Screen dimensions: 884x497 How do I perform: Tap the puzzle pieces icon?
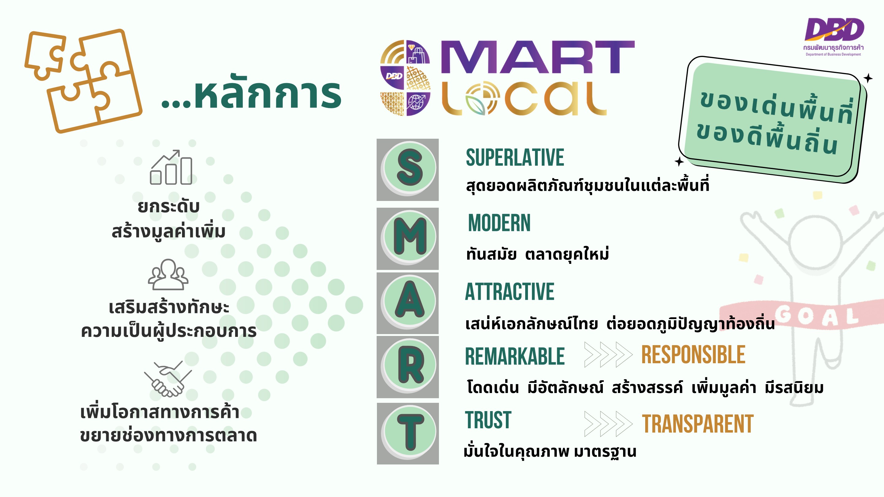tap(83, 81)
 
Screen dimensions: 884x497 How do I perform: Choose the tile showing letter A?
tap(408, 303)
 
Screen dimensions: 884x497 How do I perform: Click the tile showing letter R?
tap(408, 367)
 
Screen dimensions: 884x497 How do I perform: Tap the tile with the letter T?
tap(408, 433)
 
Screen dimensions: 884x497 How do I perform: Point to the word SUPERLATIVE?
tap(515, 158)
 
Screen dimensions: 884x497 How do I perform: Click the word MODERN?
tap(499, 223)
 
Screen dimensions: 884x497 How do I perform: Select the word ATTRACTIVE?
tap(510, 291)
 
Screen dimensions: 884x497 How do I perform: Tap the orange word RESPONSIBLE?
tap(693, 355)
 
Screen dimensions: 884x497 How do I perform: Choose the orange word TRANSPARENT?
tap(698, 424)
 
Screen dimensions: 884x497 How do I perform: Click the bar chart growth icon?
tap(171, 167)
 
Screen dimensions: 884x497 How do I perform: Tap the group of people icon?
tap(168, 274)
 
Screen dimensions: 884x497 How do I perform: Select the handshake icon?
tap(168, 379)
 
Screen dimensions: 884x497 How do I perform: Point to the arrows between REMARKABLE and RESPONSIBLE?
tap(608, 355)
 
